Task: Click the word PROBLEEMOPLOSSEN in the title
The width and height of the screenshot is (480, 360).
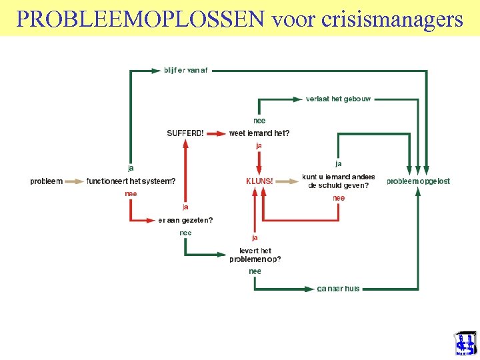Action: point(140,19)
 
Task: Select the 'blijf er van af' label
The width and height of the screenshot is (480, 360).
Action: point(186,70)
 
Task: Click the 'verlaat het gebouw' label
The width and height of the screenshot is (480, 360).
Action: point(338,99)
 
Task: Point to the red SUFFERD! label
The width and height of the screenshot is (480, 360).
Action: point(185,133)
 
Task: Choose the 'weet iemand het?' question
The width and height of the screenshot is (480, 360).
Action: point(259,133)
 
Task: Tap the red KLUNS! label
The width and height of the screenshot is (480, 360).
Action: point(259,181)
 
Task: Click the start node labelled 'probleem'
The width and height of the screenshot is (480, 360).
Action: point(46,181)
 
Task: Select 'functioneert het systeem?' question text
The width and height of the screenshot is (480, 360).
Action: point(131,181)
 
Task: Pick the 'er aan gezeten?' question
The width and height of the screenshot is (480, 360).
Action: point(185,220)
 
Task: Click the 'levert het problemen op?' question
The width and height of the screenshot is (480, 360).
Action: point(255,255)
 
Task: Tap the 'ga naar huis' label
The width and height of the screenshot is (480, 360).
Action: point(338,289)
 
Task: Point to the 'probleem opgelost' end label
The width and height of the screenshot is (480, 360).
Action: point(419,181)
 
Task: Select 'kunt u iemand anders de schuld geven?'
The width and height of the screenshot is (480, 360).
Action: point(339,181)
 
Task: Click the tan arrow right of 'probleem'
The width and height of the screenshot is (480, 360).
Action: point(74,181)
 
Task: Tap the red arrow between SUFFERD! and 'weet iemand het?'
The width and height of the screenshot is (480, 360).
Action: point(217,133)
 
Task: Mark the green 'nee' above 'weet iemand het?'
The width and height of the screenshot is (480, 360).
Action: point(259,121)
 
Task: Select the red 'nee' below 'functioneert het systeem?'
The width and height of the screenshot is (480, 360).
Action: point(131,193)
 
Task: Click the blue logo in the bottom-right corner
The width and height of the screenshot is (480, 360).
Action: point(465,344)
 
